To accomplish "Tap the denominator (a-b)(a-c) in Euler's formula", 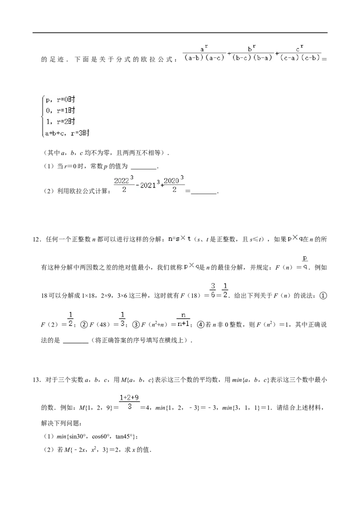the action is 204,58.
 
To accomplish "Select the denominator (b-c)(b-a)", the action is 252,58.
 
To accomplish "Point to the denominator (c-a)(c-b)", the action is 300,58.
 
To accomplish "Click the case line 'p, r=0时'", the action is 60,100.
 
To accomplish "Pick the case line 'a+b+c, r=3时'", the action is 67,133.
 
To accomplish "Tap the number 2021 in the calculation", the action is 148,185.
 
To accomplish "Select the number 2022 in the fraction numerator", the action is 121,181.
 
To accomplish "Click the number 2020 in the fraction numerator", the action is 171,181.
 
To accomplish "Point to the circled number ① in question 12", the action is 323,296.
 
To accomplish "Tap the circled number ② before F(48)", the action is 84,325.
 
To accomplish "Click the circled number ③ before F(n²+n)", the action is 136,325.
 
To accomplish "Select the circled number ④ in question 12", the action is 201,325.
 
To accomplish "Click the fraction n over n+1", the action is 183,319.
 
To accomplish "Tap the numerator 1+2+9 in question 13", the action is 129,397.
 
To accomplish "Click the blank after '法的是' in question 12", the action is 76,341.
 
